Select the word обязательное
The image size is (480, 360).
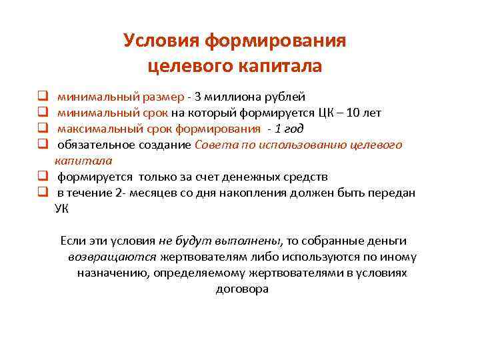91,145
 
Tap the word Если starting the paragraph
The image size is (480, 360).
73,241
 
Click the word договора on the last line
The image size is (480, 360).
242,289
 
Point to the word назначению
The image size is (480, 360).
111,273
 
